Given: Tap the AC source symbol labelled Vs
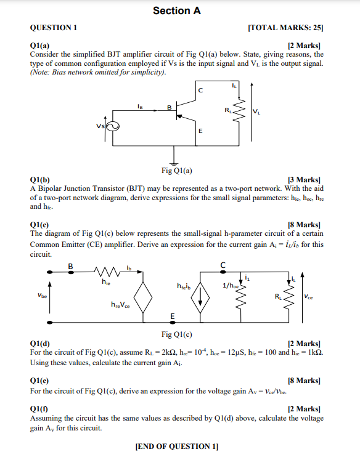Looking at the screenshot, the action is tap(112, 126).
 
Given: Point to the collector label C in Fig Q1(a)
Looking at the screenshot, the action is tap(200, 91).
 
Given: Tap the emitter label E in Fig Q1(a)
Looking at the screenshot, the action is tap(200, 131).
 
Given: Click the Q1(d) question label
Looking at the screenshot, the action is tap(40, 344).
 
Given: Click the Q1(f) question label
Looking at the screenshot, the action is tap(39, 409).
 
